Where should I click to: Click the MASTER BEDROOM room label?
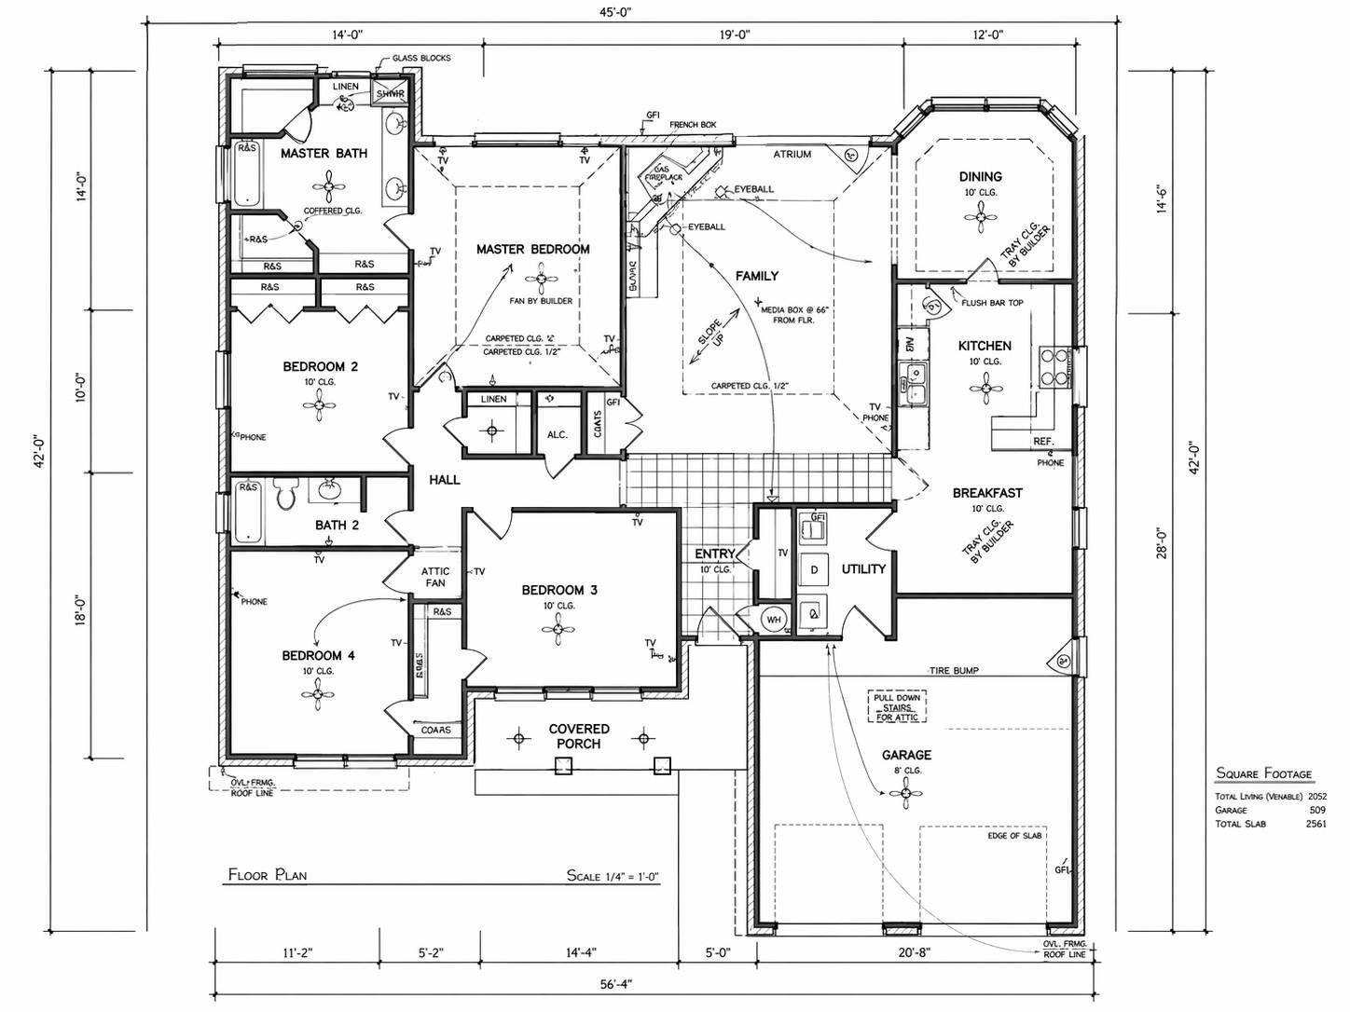(x=532, y=250)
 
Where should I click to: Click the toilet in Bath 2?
(x=284, y=495)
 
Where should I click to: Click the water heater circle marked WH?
(x=773, y=619)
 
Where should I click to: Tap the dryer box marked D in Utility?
(x=813, y=570)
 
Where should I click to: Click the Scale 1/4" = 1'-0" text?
(x=613, y=876)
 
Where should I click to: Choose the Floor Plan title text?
(x=268, y=875)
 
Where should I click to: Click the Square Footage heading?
(x=1263, y=773)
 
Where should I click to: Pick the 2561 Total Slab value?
(x=1316, y=824)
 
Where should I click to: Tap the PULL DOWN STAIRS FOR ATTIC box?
(x=896, y=707)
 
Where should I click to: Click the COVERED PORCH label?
(x=579, y=736)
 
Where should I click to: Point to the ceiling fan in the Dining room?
(x=980, y=221)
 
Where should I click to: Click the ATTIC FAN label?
(x=435, y=577)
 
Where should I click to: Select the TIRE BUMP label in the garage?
(x=953, y=671)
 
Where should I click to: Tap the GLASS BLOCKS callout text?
(x=420, y=58)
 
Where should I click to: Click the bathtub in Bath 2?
(x=248, y=513)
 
